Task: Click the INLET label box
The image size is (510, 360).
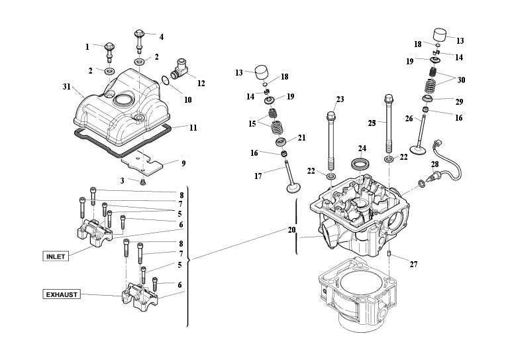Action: click(56, 256)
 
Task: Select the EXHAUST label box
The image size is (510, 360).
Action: click(62, 294)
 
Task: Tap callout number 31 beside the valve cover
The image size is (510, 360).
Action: click(66, 88)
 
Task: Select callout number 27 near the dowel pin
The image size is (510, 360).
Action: click(413, 265)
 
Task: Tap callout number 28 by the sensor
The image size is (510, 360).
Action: click(434, 164)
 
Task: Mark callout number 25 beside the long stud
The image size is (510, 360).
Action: click(372, 124)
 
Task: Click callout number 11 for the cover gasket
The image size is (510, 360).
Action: click(193, 127)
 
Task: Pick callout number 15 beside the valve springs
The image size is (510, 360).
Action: click(251, 124)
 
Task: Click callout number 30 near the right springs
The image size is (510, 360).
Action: click(461, 80)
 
